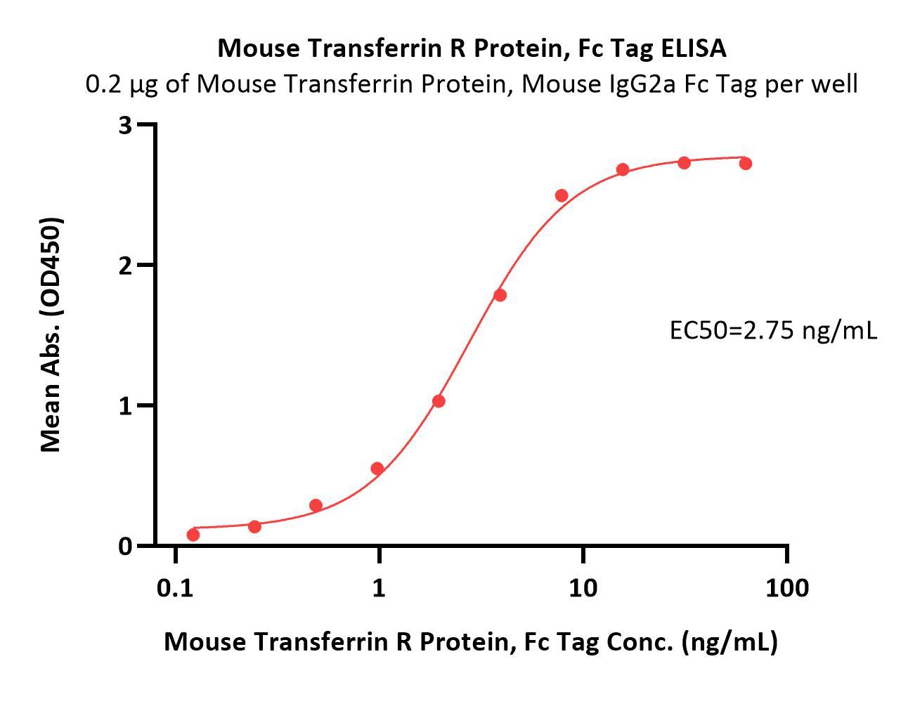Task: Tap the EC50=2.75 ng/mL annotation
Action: (773, 329)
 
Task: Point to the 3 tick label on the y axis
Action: (126, 125)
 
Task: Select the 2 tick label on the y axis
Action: (126, 266)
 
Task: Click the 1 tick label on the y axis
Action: (126, 406)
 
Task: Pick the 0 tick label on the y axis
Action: (126, 546)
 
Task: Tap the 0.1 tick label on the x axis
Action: (175, 587)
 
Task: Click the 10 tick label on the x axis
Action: (583, 587)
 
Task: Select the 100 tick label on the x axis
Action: (786, 587)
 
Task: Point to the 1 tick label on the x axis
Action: (379, 587)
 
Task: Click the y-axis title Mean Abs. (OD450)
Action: (51, 334)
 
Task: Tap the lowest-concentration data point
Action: (193, 535)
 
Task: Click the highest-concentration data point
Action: (746, 164)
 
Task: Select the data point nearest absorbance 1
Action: (439, 401)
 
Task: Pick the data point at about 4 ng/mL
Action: (500, 295)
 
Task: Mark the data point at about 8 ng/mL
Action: (562, 195)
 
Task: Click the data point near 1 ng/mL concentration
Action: (377, 469)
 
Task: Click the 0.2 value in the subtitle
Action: (101, 84)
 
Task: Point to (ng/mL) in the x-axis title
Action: (729, 641)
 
